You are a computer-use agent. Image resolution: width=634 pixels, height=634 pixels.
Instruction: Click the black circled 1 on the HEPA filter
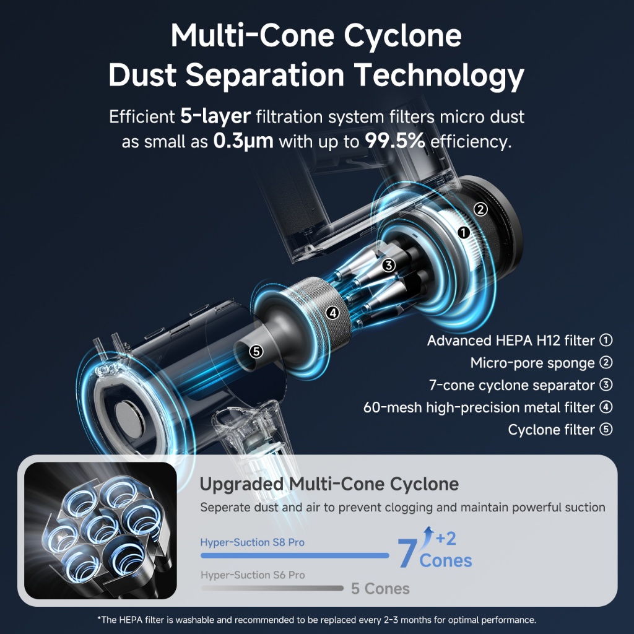coord(463,233)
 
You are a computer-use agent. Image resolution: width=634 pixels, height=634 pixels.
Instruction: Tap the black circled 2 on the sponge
coord(482,209)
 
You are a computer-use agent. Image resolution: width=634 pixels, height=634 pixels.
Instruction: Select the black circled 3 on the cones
coord(388,265)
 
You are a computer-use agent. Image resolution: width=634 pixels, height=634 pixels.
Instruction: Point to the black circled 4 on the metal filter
coord(333,313)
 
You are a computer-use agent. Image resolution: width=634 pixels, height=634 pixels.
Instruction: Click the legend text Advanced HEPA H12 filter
coord(511,341)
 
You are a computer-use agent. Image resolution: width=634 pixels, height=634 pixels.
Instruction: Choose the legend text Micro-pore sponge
coord(532,363)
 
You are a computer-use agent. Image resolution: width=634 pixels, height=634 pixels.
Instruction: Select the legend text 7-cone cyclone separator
coord(512,385)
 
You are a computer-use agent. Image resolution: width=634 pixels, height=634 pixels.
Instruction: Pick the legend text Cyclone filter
coord(552,430)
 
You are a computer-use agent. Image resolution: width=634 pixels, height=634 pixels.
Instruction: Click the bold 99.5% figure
coord(394,141)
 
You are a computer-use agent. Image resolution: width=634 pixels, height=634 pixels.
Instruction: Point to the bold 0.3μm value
coord(243,141)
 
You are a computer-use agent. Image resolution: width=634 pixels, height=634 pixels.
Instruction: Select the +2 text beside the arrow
coord(445,539)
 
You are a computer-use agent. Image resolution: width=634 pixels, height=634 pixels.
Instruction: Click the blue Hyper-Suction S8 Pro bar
coord(295,555)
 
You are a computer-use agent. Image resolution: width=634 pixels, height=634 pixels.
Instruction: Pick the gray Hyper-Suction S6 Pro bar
coord(272,588)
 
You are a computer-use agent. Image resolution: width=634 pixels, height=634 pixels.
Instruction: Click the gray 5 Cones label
coord(380,588)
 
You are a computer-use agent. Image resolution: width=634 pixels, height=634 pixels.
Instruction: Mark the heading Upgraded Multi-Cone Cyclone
coord(329,484)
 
